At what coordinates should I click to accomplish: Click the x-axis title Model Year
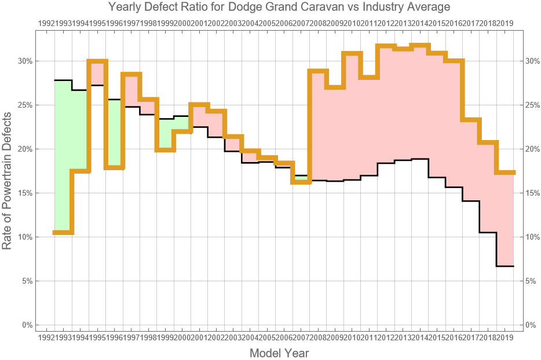[279, 352]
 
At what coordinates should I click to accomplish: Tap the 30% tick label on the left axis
[26, 61]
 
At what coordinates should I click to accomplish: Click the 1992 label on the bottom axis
[46, 337]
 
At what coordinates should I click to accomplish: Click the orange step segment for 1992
[63, 233]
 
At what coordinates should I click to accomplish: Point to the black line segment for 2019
[505, 266]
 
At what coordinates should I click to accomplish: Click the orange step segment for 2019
[505, 172]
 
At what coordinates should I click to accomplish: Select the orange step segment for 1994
[97, 61]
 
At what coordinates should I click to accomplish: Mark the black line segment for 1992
[63, 80]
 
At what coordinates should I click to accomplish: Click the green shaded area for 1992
[63, 156]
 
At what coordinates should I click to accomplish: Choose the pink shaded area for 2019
[505, 220]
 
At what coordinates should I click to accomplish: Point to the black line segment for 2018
[488, 233]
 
